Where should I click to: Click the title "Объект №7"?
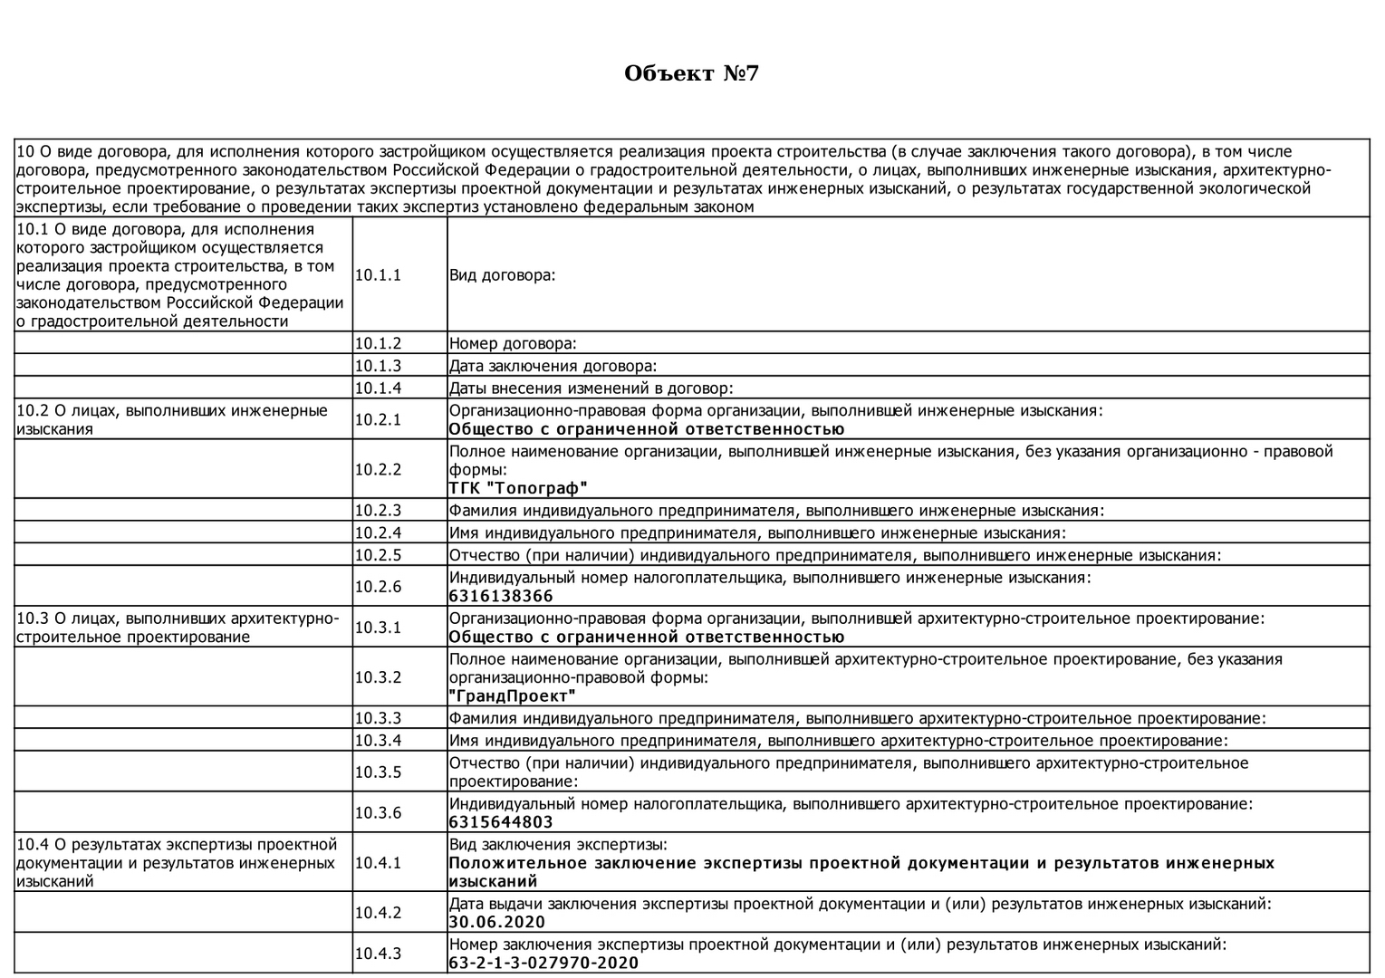pyautogui.click(x=691, y=73)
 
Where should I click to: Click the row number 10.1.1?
pyautogui.click(x=378, y=275)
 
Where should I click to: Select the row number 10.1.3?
pyautogui.click(x=378, y=366)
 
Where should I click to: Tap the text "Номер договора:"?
pyautogui.click(x=513, y=344)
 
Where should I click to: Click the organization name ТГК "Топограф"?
pyautogui.click(x=518, y=489)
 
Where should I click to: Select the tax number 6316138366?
pyautogui.click(x=501, y=596)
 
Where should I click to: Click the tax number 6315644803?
pyautogui.click(x=501, y=822)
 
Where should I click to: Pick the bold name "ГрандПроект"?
pyautogui.click(x=513, y=696)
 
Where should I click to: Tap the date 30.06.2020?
pyautogui.click(x=497, y=922)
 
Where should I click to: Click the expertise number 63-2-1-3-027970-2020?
pyautogui.click(x=543, y=963)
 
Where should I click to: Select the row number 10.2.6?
pyautogui.click(x=378, y=587)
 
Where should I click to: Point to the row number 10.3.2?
pyautogui.click(x=378, y=677)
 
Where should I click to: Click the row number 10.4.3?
pyautogui.click(x=378, y=954)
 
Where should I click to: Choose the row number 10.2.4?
pyautogui.click(x=378, y=533)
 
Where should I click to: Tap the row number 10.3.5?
pyautogui.click(x=378, y=772)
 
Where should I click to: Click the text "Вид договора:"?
pyautogui.click(x=502, y=275)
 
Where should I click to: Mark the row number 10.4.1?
pyautogui.click(x=378, y=863)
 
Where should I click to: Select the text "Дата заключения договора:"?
pyautogui.click(x=553, y=366)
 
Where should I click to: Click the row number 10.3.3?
pyautogui.click(x=378, y=719)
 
